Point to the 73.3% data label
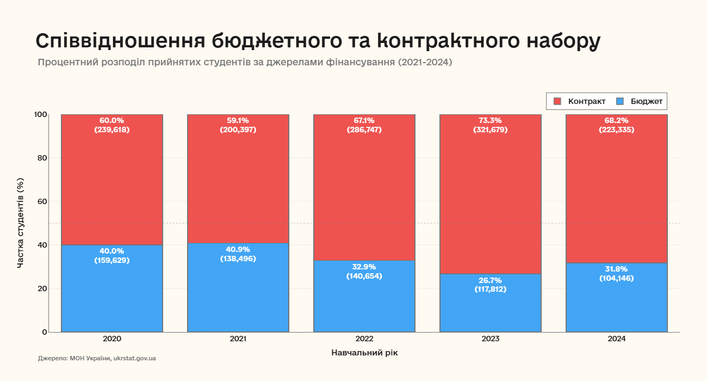pyautogui.click(x=490, y=120)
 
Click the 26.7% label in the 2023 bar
pyautogui.click(x=490, y=280)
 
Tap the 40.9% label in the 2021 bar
pyautogui.click(x=238, y=249)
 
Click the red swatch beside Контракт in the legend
pyautogui.click(x=557, y=101)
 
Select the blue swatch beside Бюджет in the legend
pyautogui.click(x=620, y=101)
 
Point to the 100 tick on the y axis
pyautogui.click(x=41, y=114)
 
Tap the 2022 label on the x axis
pyautogui.click(x=364, y=339)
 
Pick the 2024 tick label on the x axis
pyautogui.click(x=616, y=339)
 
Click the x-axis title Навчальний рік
pyautogui.click(x=364, y=353)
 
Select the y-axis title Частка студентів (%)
pyautogui.click(x=21, y=223)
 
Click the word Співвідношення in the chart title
pyautogui.click(x=119, y=42)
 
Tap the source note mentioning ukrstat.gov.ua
pyautogui.click(x=97, y=359)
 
